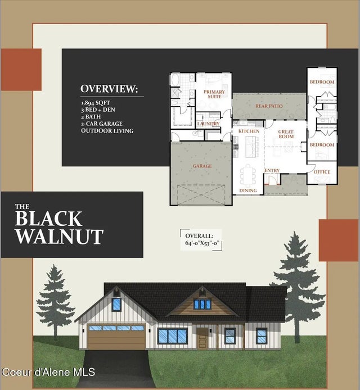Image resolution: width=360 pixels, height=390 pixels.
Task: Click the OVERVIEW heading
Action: click(x=109, y=89)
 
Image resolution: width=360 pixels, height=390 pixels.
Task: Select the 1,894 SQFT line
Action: click(x=95, y=103)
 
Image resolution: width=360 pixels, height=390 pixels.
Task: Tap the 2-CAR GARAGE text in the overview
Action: click(x=101, y=124)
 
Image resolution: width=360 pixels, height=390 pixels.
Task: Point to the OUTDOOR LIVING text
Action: click(x=107, y=130)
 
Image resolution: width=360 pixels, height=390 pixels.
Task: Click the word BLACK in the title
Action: click(x=48, y=218)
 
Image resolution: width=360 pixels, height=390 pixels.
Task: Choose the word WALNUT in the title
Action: click(x=59, y=236)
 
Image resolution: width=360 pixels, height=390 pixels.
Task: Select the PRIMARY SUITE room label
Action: click(x=214, y=94)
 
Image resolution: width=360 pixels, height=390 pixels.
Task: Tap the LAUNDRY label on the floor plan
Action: click(x=208, y=123)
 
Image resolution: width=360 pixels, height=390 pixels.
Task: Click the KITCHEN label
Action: click(x=249, y=131)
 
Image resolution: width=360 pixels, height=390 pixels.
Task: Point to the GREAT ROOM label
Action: click(x=286, y=134)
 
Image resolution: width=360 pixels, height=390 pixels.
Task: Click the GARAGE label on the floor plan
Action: click(x=202, y=166)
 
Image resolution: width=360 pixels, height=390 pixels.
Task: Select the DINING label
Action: click(x=247, y=191)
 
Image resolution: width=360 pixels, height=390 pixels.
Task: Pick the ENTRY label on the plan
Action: click(x=273, y=171)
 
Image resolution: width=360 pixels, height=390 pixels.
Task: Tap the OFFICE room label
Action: click(x=322, y=171)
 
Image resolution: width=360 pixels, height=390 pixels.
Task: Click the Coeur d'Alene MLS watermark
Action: click(x=48, y=372)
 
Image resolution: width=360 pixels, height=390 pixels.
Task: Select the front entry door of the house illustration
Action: click(x=202, y=337)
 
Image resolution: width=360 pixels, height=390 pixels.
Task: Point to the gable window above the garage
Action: click(x=116, y=305)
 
